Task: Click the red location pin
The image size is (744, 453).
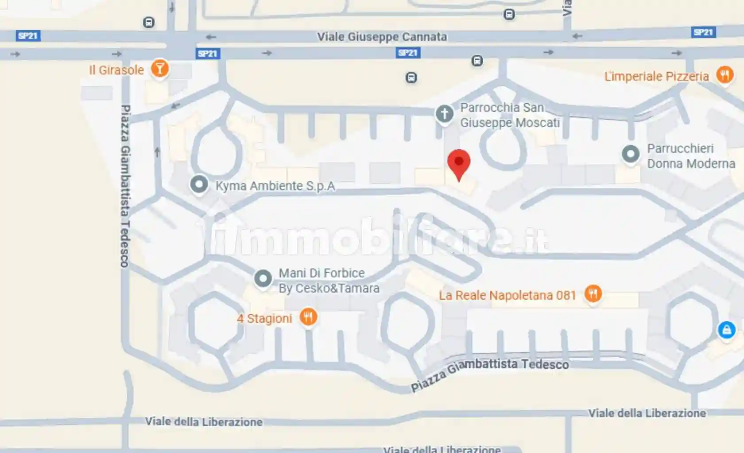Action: tap(459, 163)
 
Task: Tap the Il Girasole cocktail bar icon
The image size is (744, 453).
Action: tap(159, 69)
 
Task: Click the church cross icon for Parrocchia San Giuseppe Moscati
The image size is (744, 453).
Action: tap(444, 114)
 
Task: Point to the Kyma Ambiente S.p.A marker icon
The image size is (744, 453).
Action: tap(199, 184)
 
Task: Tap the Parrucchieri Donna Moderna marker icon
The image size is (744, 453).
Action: tap(630, 154)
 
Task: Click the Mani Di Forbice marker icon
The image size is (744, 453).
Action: tap(263, 279)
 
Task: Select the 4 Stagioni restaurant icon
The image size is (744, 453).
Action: tap(308, 317)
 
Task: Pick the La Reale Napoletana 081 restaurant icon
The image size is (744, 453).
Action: tap(593, 293)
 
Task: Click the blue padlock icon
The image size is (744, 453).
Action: tap(726, 330)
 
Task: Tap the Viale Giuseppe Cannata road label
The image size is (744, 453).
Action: tap(382, 37)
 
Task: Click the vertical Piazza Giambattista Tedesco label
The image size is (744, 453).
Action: tap(125, 186)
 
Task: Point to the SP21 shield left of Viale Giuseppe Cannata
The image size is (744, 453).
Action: tap(208, 54)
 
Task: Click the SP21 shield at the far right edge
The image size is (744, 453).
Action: tap(703, 32)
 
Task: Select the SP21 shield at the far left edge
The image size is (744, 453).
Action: tap(28, 36)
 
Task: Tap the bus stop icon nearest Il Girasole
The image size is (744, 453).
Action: tap(149, 22)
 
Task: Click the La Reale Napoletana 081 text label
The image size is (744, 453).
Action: tap(507, 295)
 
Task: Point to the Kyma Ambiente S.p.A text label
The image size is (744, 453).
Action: tap(275, 186)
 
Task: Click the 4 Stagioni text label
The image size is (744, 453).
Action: tap(264, 318)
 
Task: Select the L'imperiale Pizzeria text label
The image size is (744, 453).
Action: tap(656, 76)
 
